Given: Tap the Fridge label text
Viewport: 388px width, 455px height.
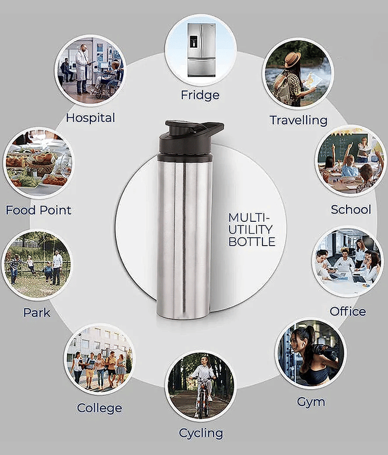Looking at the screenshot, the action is [200, 95].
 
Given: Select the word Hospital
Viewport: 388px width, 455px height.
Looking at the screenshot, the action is [90, 118].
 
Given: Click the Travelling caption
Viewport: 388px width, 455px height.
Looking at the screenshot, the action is [298, 120].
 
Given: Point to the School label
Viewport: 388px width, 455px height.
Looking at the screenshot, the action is [351, 209].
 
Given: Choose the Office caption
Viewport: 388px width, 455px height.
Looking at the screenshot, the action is [348, 311].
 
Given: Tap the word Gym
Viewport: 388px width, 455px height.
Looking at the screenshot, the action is [311, 402].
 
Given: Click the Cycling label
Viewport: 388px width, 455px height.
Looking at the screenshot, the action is [201, 433].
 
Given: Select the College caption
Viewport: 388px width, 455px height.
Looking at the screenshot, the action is [99, 408].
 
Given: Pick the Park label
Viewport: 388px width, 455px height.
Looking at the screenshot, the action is [37, 312].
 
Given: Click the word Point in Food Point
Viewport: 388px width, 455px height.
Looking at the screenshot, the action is [55, 210].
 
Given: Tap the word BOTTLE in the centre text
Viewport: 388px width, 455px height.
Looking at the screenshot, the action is [252, 241].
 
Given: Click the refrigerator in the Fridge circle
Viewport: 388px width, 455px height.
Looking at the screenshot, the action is [202, 50].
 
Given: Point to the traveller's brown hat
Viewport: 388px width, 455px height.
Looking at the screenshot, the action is [293, 59].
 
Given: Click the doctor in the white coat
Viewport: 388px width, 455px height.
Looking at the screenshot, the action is [82, 69].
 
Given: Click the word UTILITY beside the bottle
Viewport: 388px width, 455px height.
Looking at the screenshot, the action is [251, 230].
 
